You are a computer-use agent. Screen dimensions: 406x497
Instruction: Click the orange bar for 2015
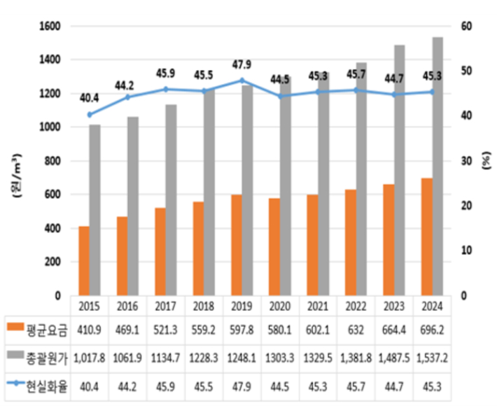(84, 260)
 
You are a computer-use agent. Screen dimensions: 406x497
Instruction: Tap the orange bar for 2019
(237, 245)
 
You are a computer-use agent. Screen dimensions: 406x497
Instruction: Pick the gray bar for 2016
(133, 206)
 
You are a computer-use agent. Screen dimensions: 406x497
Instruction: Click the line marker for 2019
(241, 80)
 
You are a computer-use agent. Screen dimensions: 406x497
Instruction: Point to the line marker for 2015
(90, 114)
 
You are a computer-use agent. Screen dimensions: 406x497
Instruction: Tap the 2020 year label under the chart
(280, 305)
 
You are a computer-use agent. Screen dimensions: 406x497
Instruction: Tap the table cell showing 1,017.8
(89, 356)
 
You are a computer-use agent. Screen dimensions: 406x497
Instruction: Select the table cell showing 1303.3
(280, 356)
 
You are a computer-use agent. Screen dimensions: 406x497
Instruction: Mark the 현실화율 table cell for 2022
(356, 386)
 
